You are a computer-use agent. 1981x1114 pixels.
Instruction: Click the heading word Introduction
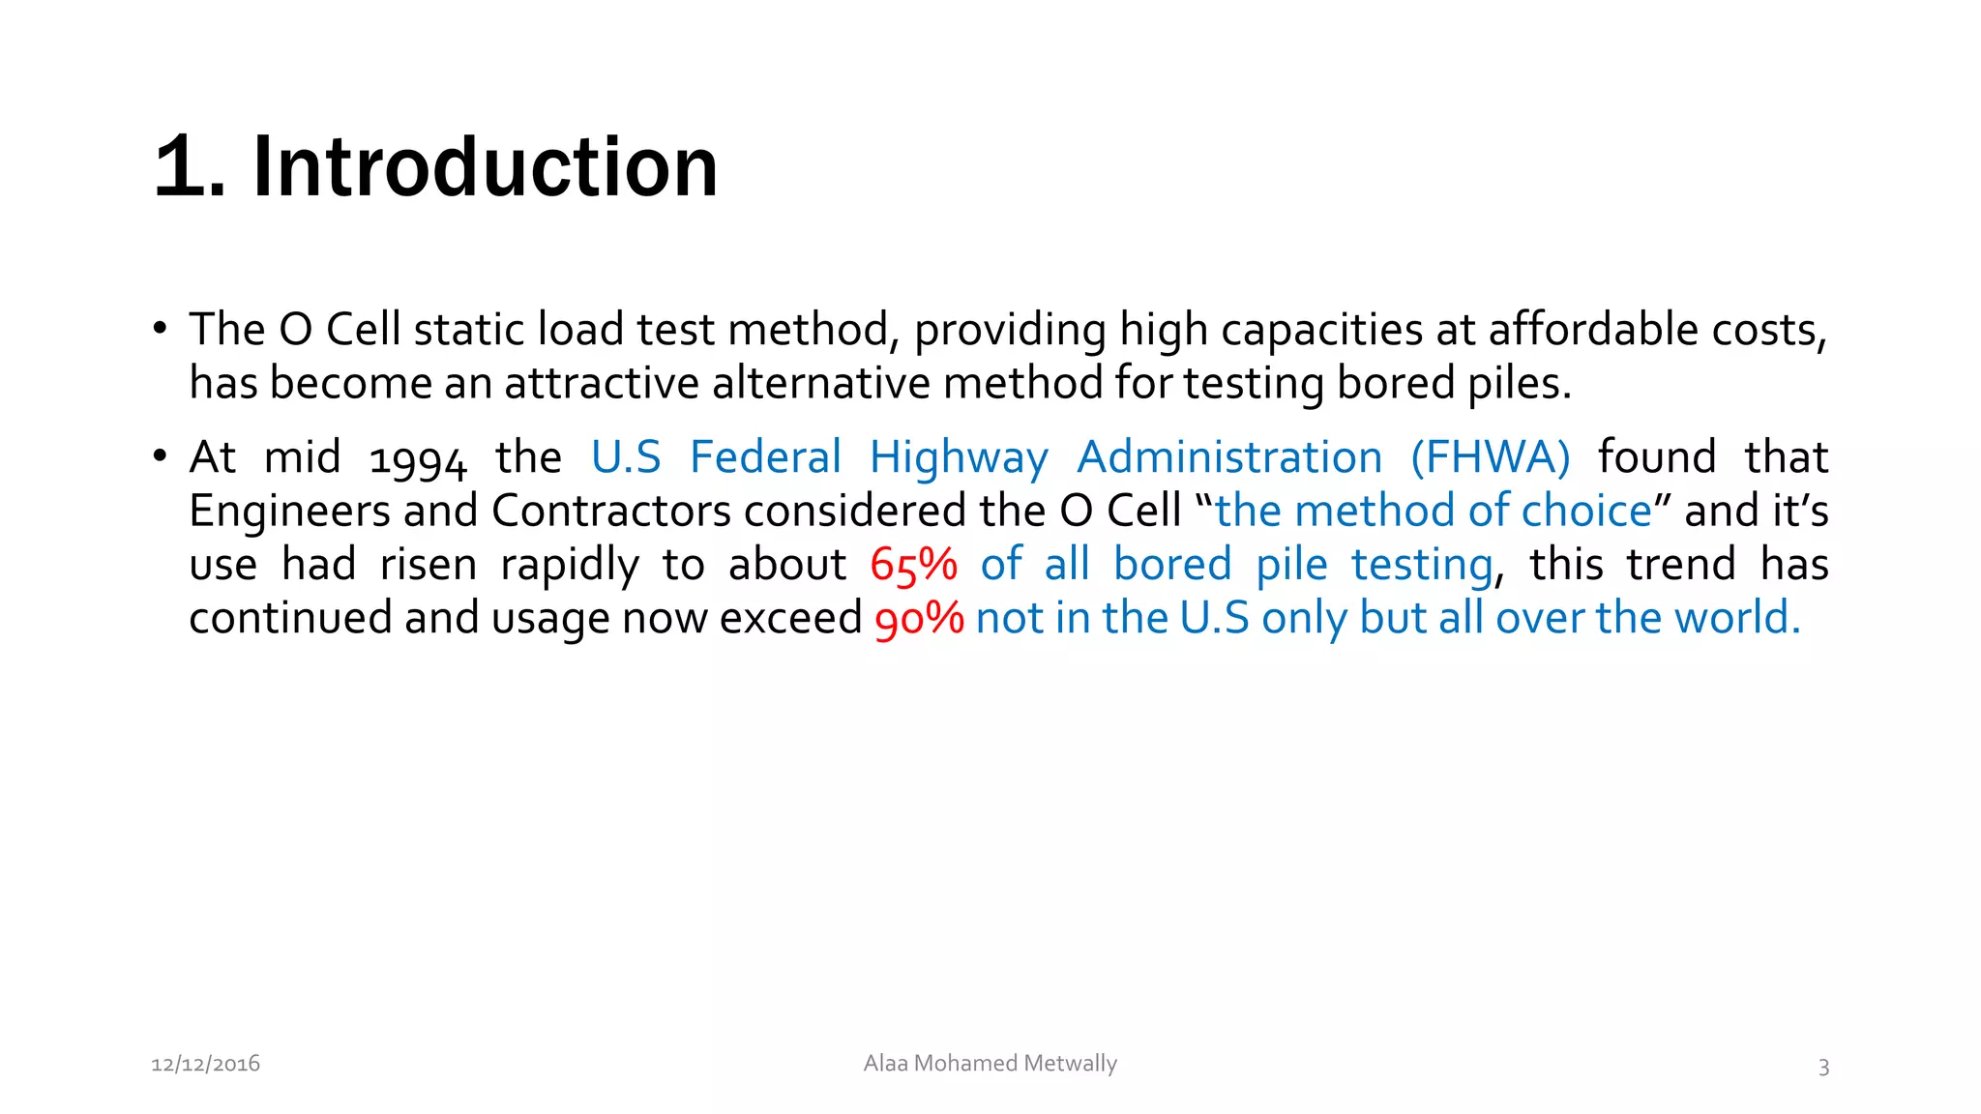pos(485,167)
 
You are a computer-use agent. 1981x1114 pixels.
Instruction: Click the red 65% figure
pos(913,565)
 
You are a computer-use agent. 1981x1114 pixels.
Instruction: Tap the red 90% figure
pos(919,619)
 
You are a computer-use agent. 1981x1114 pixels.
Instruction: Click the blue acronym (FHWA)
pos(1490,457)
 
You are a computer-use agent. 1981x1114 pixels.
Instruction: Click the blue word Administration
pos(1229,457)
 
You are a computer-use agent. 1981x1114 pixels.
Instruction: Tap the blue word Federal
pos(765,457)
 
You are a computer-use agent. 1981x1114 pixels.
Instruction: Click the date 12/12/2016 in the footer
pos(205,1064)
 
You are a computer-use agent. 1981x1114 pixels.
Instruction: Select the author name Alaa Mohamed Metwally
pos(990,1063)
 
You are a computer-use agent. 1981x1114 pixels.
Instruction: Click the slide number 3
pos(1823,1067)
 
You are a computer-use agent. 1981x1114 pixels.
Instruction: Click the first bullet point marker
pos(160,329)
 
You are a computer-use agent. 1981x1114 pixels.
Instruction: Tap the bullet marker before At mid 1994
pos(160,456)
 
